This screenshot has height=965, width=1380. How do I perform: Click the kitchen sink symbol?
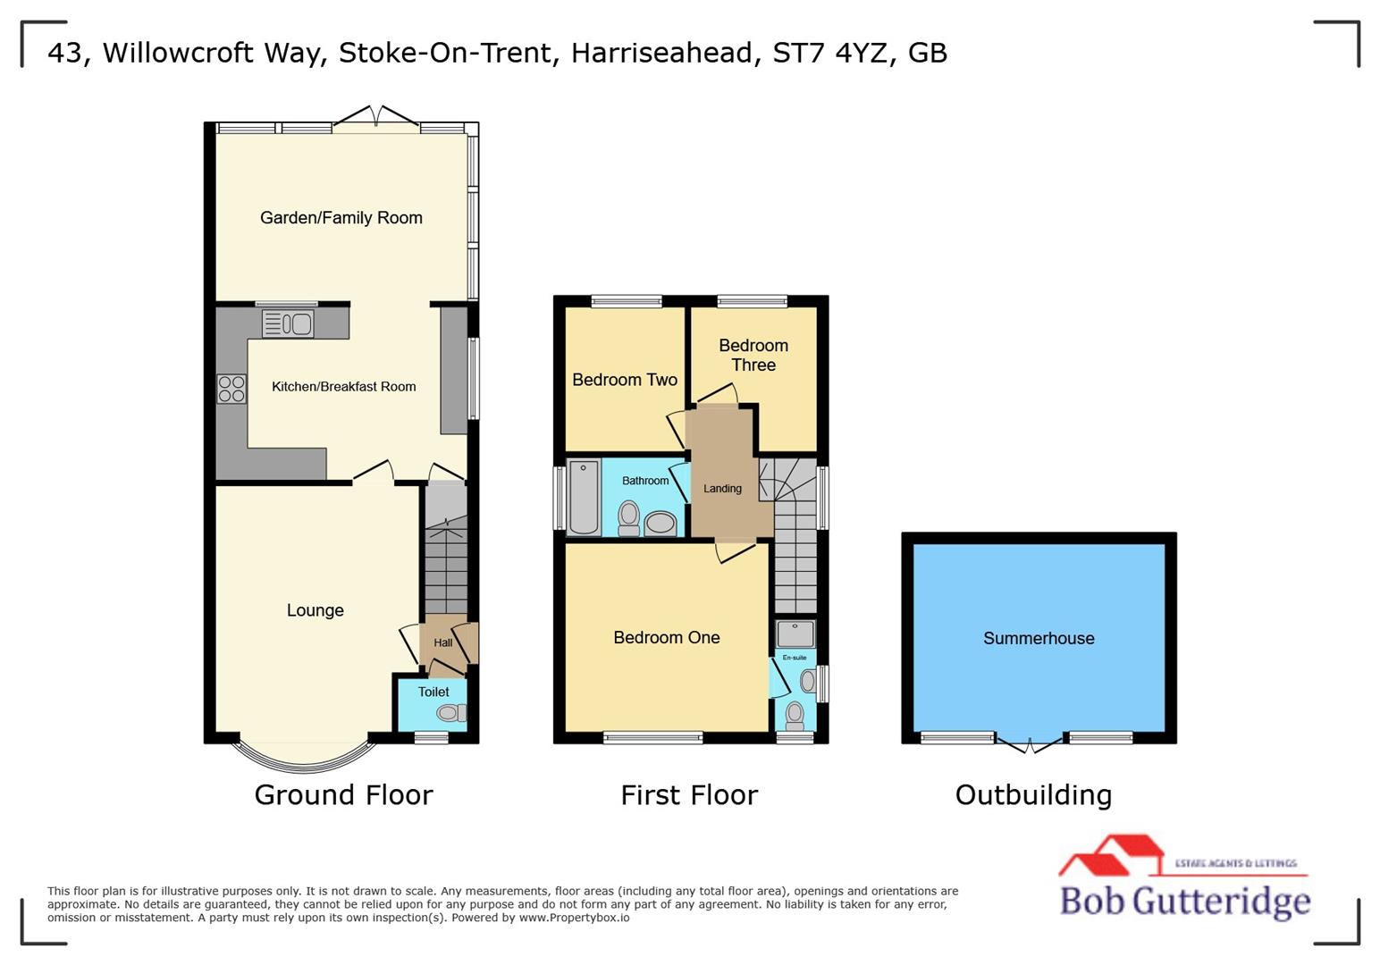click(288, 323)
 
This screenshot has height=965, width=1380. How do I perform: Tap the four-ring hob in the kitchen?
click(231, 389)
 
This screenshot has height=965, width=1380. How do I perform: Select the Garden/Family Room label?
click(341, 218)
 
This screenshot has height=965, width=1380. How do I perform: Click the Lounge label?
click(315, 610)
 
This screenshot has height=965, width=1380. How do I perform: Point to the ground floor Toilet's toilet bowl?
click(450, 712)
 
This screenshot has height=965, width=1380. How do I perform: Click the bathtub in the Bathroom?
click(585, 497)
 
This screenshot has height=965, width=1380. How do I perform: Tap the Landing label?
click(722, 489)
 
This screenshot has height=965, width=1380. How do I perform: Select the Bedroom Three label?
click(753, 355)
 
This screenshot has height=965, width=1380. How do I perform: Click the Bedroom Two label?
click(625, 380)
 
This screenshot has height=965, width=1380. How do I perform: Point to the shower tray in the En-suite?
click(795, 634)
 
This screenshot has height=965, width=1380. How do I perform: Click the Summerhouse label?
click(1039, 638)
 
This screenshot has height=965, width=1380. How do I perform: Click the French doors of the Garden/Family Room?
click(376, 119)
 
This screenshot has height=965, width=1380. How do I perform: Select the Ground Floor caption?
click(343, 794)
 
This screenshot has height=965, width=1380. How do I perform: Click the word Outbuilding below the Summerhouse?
click(1033, 794)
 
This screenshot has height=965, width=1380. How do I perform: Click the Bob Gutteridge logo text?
click(1184, 901)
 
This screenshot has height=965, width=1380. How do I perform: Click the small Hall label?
click(442, 642)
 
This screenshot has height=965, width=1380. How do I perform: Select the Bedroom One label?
click(666, 637)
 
